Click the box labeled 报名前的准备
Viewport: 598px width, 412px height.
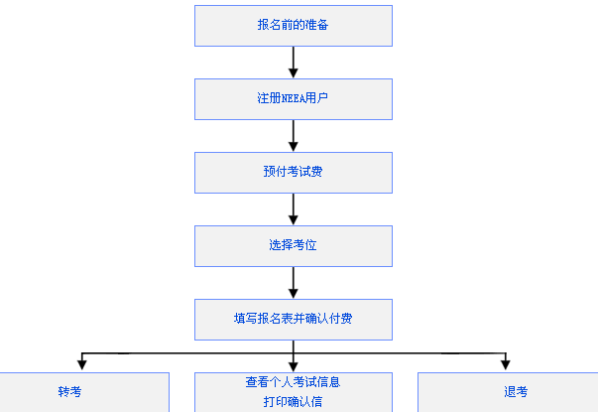coord(293,26)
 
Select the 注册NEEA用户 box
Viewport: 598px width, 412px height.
coord(293,99)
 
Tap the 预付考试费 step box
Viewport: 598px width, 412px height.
coord(293,172)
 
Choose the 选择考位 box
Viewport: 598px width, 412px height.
coord(293,245)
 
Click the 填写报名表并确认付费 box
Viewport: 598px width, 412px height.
coord(293,319)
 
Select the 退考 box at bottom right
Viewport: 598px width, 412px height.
coord(516,392)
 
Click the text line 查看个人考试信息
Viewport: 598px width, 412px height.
coord(293,381)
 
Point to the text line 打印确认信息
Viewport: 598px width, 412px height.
coord(293,402)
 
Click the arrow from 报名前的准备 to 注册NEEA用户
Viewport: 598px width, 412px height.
coord(294,62)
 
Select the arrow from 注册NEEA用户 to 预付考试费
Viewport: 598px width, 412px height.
coord(294,135)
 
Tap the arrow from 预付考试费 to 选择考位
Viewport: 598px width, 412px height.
coord(294,208)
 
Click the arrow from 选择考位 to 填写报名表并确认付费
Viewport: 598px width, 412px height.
coord(294,282)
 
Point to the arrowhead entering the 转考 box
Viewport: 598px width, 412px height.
coord(81,364)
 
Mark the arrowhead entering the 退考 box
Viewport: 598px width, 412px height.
coord(505,364)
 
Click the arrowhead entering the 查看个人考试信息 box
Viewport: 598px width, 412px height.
coord(294,364)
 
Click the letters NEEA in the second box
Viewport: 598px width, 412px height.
coord(294,99)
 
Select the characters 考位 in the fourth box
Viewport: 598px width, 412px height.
coord(305,245)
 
